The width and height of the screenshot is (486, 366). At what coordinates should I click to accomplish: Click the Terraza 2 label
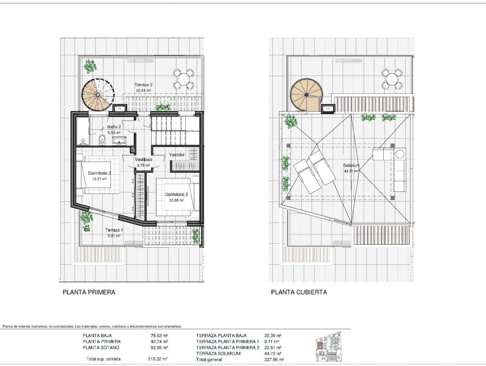click(x=143, y=85)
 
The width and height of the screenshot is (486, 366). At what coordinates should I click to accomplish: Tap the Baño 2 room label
click(x=114, y=127)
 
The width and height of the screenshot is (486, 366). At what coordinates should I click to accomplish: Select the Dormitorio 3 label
click(x=99, y=173)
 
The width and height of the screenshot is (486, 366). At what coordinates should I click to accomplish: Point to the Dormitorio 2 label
click(x=176, y=194)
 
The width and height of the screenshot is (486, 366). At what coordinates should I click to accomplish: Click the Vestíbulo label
click(x=143, y=160)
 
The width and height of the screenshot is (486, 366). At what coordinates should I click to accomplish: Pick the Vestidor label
click(x=177, y=154)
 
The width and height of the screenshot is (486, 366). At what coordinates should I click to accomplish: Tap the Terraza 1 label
click(x=114, y=230)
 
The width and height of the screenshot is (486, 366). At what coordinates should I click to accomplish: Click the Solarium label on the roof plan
click(x=352, y=166)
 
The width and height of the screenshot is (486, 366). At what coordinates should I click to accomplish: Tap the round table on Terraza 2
click(x=184, y=79)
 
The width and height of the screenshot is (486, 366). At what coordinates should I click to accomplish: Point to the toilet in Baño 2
click(x=102, y=139)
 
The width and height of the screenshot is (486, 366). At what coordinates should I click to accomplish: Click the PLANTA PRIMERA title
click(x=89, y=292)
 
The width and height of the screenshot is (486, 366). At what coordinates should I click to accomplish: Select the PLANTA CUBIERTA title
click(x=299, y=292)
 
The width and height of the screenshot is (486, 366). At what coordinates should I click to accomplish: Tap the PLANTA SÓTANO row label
click(x=101, y=347)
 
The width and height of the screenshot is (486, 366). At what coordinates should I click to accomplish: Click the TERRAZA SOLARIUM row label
click(x=218, y=353)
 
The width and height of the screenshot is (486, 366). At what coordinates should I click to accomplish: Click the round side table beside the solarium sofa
click(x=400, y=154)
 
